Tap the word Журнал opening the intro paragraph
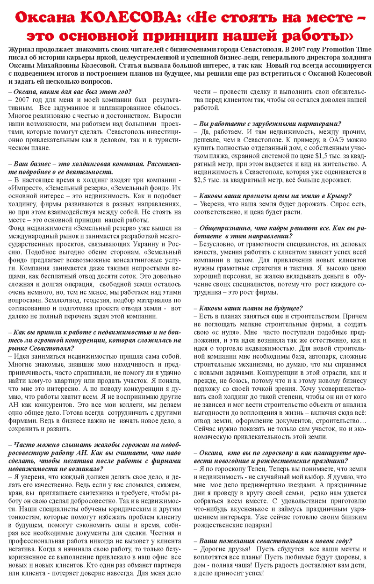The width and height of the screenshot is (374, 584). pos(22,48)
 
